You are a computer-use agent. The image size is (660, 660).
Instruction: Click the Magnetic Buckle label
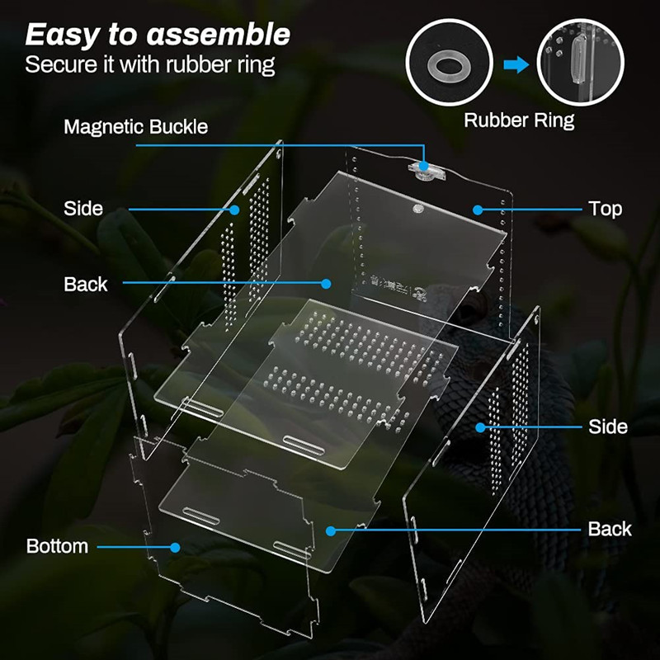[x=135, y=127]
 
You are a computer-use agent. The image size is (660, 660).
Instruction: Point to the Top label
[x=605, y=209]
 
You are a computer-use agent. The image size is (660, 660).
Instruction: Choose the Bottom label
[x=57, y=546]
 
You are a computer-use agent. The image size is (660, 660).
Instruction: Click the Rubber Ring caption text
[x=518, y=120]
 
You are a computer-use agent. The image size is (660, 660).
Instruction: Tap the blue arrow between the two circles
[x=516, y=65]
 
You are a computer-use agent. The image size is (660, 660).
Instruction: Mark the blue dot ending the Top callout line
[x=477, y=209]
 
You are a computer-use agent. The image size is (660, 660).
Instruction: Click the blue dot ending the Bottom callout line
[x=175, y=546]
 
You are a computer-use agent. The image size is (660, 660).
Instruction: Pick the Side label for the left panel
[x=83, y=209]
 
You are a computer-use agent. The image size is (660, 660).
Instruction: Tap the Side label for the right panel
[x=608, y=427]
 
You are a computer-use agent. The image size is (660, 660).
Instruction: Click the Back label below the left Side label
[x=86, y=284]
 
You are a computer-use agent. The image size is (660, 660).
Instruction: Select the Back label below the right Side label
[x=610, y=529]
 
